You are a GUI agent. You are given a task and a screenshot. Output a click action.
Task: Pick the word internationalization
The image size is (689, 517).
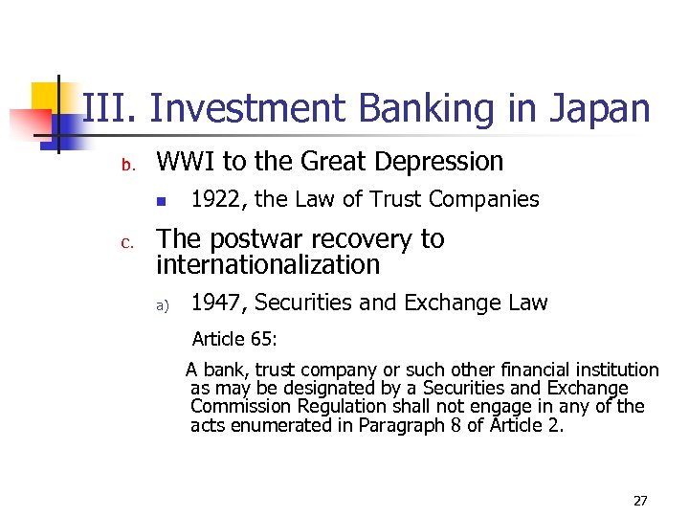click(268, 263)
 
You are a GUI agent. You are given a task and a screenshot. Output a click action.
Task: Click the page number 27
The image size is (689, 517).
click(640, 500)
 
